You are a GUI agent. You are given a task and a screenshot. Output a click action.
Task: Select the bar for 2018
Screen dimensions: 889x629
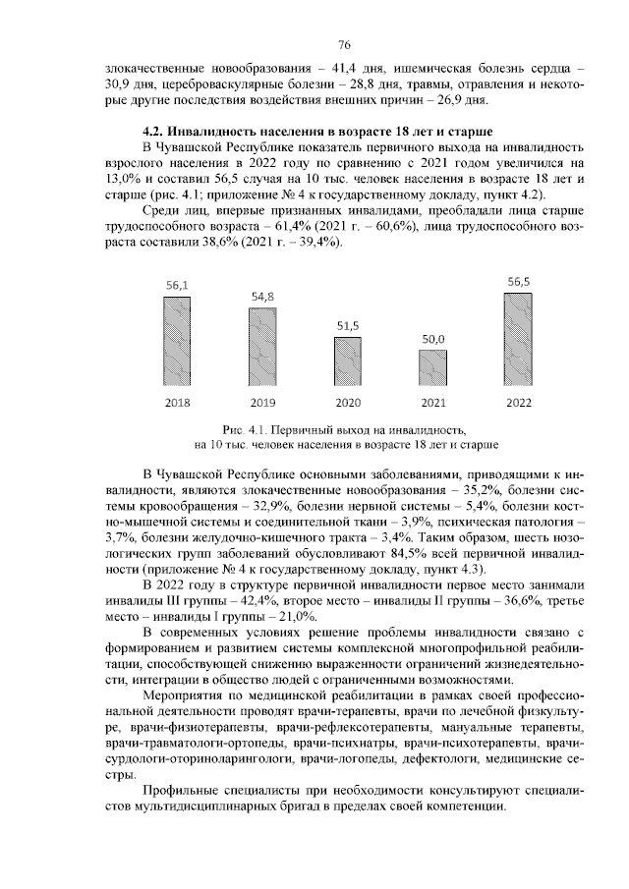pyautogui.click(x=177, y=339)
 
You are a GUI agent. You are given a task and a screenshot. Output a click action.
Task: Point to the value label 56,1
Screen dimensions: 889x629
pyautogui.click(x=177, y=285)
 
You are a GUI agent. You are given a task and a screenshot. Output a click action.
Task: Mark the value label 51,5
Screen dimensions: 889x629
pyautogui.click(x=348, y=325)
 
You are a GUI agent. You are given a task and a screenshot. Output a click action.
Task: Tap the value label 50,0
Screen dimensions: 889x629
pyautogui.click(x=433, y=338)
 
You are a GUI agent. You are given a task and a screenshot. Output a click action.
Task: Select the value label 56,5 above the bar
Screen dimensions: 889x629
pyautogui.click(x=519, y=281)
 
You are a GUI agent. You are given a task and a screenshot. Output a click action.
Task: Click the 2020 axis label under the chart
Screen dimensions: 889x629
pyautogui.click(x=348, y=403)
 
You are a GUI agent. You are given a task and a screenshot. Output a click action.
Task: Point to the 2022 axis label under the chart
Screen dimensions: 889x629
pyautogui.click(x=519, y=403)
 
